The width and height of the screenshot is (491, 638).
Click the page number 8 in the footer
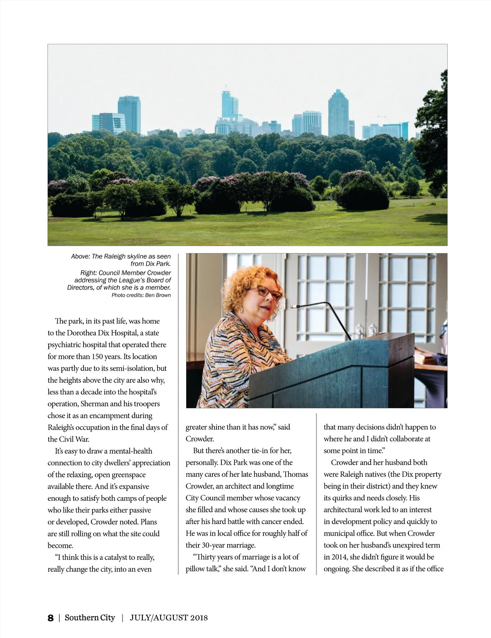pyautogui.click(x=50, y=618)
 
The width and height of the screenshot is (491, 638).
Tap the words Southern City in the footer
pyautogui.click(x=90, y=618)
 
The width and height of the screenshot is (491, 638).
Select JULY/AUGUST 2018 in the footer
pyautogui.click(x=169, y=618)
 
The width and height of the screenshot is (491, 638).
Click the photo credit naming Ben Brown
pyautogui.click(x=141, y=295)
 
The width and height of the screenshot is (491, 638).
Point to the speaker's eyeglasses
pyautogui.click(x=268, y=292)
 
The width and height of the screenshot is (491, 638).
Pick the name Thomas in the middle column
pyautogui.click(x=296, y=474)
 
